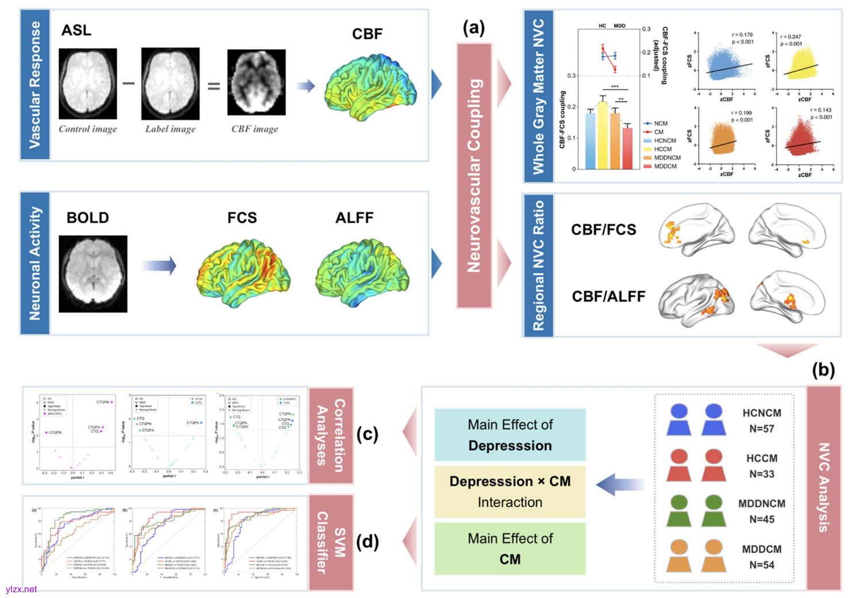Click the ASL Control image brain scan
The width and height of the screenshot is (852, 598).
(x=87, y=84)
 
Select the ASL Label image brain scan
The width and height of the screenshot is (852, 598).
(x=170, y=84)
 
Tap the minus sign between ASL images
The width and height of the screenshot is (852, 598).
(x=129, y=84)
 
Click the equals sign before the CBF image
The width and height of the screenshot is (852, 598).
(x=213, y=86)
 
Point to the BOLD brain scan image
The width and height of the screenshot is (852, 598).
(x=93, y=274)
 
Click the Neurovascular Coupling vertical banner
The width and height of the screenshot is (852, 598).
(x=474, y=175)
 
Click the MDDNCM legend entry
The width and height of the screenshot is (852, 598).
(x=666, y=157)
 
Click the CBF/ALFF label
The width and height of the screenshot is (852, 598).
(x=608, y=296)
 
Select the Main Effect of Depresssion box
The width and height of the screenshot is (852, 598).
(x=510, y=435)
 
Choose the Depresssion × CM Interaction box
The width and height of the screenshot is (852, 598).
(x=510, y=491)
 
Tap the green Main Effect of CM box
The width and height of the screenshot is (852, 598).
(x=510, y=549)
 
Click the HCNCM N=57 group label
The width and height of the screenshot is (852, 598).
(x=762, y=420)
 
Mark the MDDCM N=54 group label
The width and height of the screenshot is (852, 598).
(x=762, y=557)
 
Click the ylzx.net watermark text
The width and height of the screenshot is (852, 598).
(x=21, y=589)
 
